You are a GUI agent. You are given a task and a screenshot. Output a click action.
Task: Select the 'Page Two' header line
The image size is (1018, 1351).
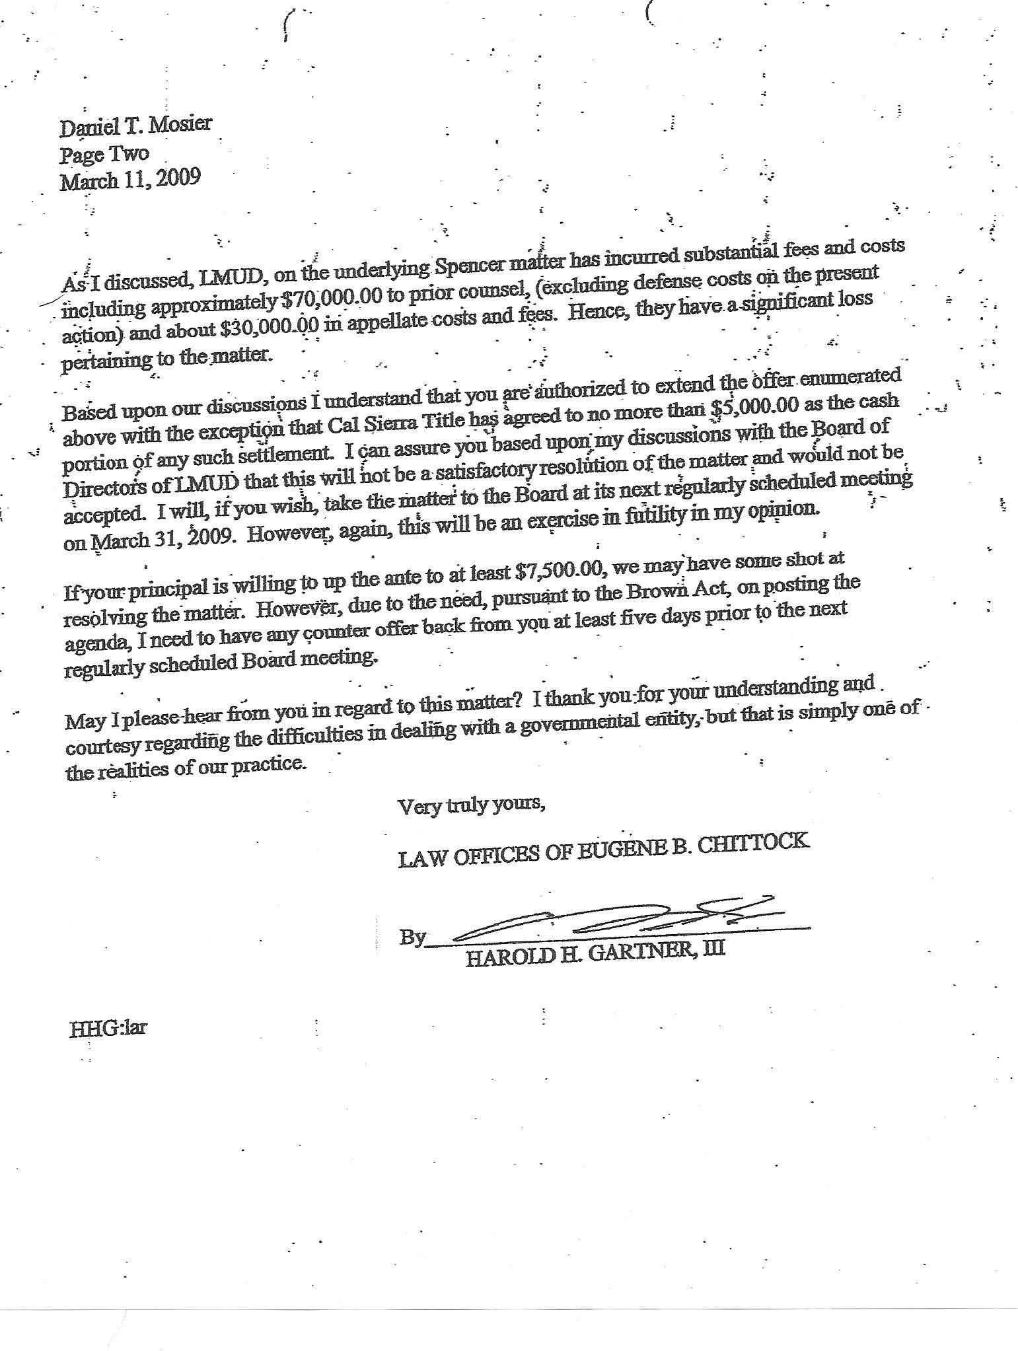(104, 155)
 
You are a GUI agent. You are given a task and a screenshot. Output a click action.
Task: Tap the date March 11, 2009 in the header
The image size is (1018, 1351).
(130, 180)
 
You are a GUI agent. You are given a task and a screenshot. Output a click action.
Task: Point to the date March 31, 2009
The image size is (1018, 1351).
(149, 541)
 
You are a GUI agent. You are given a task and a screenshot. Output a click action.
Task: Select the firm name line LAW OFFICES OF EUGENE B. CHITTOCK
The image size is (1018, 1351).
(603, 850)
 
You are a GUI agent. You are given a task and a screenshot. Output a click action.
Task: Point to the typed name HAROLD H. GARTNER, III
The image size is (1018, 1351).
(595, 953)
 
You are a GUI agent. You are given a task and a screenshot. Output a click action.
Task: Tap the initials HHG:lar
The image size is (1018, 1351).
(108, 1029)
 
